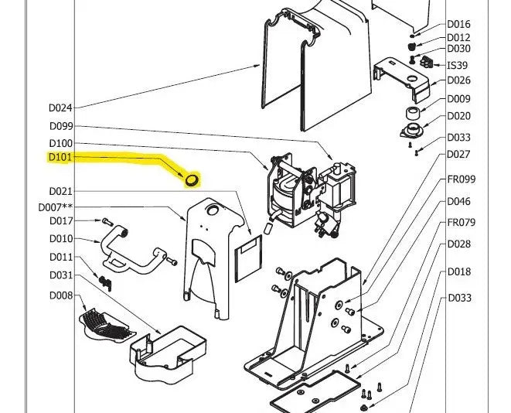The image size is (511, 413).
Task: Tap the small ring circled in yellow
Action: [x=191, y=180]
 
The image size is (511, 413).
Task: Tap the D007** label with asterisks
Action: [x=56, y=207]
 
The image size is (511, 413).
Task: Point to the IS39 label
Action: [x=458, y=66]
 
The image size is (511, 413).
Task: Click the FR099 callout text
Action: [x=462, y=179]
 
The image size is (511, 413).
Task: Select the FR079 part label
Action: [x=462, y=224]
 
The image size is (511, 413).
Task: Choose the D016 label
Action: [x=458, y=25]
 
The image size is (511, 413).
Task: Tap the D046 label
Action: [x=458, y=202]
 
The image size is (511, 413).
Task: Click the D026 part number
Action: [x=458, y=80]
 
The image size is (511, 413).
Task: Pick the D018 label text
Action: [x=458, y=272]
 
